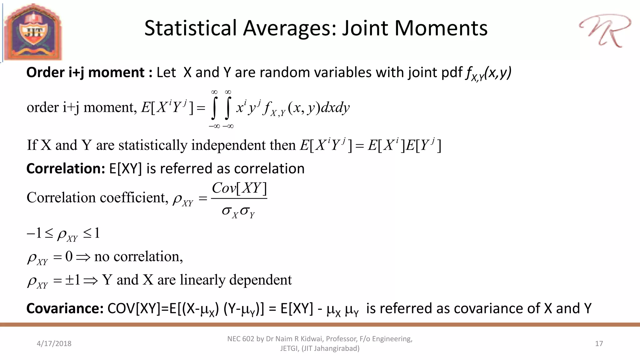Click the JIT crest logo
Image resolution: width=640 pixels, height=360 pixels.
[33, 32]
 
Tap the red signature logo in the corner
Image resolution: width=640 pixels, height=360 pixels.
[605, 31]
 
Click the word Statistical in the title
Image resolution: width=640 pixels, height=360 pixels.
[191, 28]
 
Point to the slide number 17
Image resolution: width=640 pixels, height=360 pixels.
[599, 343]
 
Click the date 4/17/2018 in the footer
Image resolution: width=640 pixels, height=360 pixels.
[54, 343]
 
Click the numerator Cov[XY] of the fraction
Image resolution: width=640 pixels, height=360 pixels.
[239, 188]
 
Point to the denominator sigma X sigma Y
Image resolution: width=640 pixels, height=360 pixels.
[238, 212]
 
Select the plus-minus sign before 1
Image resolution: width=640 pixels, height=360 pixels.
[69, 280]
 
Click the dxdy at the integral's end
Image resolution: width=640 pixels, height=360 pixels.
[335, 108]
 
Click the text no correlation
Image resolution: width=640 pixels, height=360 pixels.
[138, 257]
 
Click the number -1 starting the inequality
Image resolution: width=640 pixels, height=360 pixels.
[34, 233]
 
